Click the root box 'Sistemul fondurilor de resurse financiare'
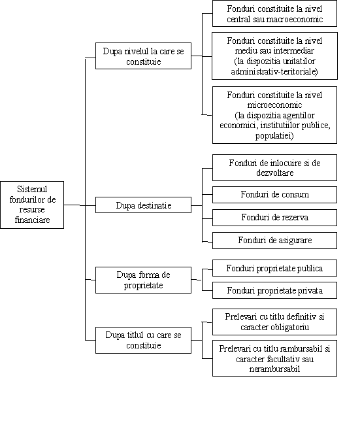point(32,205)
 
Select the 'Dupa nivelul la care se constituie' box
point(143,56)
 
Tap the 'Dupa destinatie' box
point(143,205)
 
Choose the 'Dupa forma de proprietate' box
point(143,280)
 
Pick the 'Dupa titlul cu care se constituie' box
point(143,340)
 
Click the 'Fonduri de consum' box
point(274,195)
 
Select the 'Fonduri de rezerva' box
point(274,218)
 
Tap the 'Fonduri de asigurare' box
point(274,241)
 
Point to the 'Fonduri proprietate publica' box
point(274,268)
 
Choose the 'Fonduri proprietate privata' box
point(274,290)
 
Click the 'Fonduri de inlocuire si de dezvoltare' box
point(274,167)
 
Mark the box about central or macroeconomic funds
point(274,14)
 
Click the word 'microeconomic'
point(274,105)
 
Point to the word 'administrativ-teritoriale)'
point(274,72)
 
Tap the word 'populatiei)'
point(274,135)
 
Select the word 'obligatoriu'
point(290,328)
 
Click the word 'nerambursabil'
point(274,369)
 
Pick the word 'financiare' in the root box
point(32,220)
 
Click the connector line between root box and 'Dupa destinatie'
point(80,205)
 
